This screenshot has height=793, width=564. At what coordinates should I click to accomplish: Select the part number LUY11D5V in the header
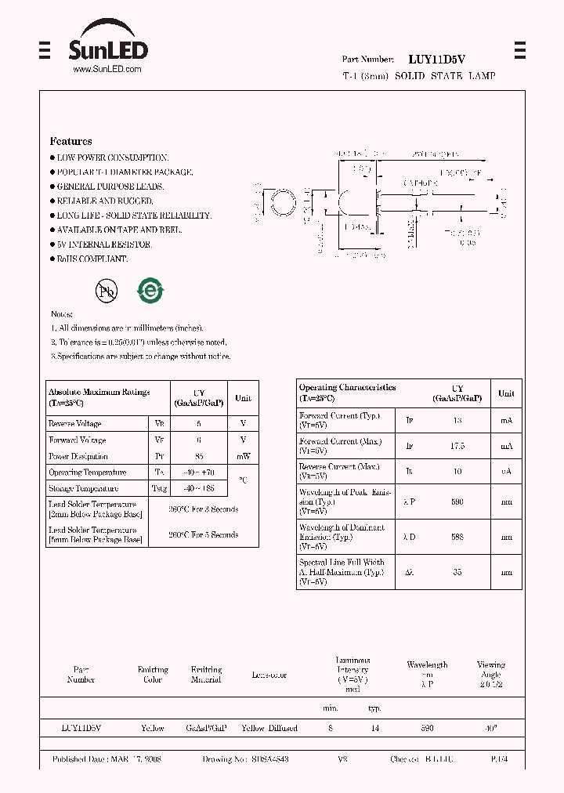(437, 59)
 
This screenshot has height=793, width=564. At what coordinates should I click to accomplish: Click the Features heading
(70, 142)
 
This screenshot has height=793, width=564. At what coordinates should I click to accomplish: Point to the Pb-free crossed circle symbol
(106, 291)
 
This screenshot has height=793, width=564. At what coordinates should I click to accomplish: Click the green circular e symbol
(150, 291)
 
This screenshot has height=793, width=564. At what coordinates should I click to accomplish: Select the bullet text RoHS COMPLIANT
(92, 259)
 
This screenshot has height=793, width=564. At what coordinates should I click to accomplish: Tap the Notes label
(62, 313)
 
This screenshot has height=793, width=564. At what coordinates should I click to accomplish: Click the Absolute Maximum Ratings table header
(99, 397)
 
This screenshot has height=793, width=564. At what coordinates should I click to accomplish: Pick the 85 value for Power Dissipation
(198, 456)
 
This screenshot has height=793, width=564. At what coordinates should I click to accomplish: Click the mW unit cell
(243, 456)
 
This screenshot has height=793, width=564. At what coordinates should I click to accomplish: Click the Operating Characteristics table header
(347, 393)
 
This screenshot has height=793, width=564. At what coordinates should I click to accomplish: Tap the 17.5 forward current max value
(457, 446)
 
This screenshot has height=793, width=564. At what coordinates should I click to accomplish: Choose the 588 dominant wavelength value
(457, 537)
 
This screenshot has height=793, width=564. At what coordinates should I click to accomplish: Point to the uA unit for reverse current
(506, 472)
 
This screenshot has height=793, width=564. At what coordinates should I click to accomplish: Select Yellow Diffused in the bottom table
(269, 728)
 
